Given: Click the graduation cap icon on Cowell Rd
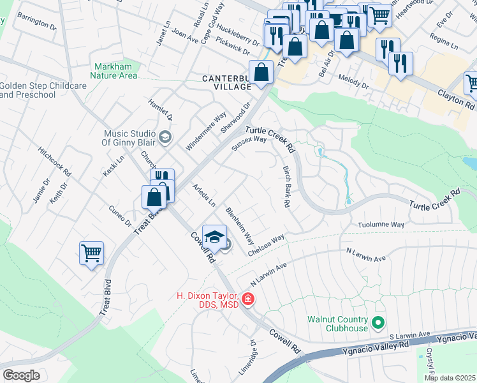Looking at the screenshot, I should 215,237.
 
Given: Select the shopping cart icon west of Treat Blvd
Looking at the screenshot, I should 91,253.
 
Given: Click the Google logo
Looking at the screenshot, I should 21,375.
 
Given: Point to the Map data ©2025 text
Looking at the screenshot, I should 450,378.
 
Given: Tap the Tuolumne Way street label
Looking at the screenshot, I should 381,225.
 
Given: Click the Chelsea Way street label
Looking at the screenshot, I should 266,246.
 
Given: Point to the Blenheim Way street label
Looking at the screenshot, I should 240,226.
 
